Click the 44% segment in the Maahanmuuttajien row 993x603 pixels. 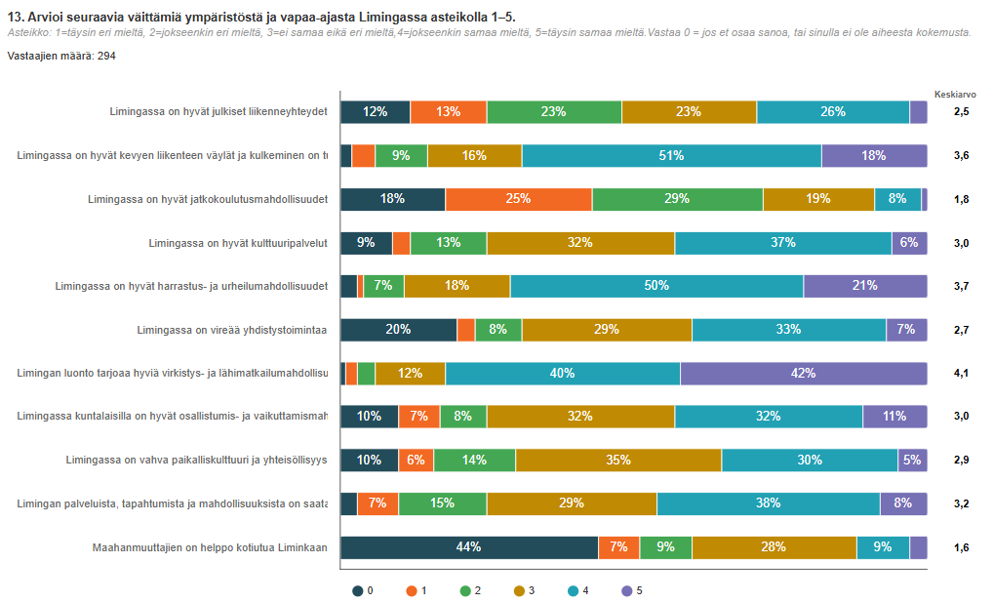tap(468, 547)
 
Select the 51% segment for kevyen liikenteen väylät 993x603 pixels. tap(671, 155)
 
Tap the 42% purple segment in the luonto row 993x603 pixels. tap(803, 373)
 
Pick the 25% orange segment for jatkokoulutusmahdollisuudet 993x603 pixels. tap(518, 199)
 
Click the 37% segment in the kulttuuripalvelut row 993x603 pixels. tap(782, 243)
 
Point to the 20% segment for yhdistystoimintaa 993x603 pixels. tap(398, 330)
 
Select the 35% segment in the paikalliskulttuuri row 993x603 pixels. tap(618, 460)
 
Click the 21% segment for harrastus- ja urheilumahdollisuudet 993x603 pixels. tap(864, 286)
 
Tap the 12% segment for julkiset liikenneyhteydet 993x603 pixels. tap(375, 112)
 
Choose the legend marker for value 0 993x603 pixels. tap(358, 590)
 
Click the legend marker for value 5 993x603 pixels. tap(626, 590)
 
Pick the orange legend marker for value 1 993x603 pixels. tap(412, 590)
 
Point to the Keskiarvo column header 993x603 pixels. tap(955, 95)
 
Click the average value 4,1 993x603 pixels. tap(961, 373)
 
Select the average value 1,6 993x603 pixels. tap(961, 547)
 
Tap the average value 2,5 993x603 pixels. tap(961, 112)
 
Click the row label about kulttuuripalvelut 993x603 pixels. tap(237, 243)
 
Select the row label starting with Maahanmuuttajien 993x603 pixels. tap(209, 547)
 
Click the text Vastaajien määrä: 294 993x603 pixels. tap(62, 56)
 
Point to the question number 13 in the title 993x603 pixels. tap(14, 17)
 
